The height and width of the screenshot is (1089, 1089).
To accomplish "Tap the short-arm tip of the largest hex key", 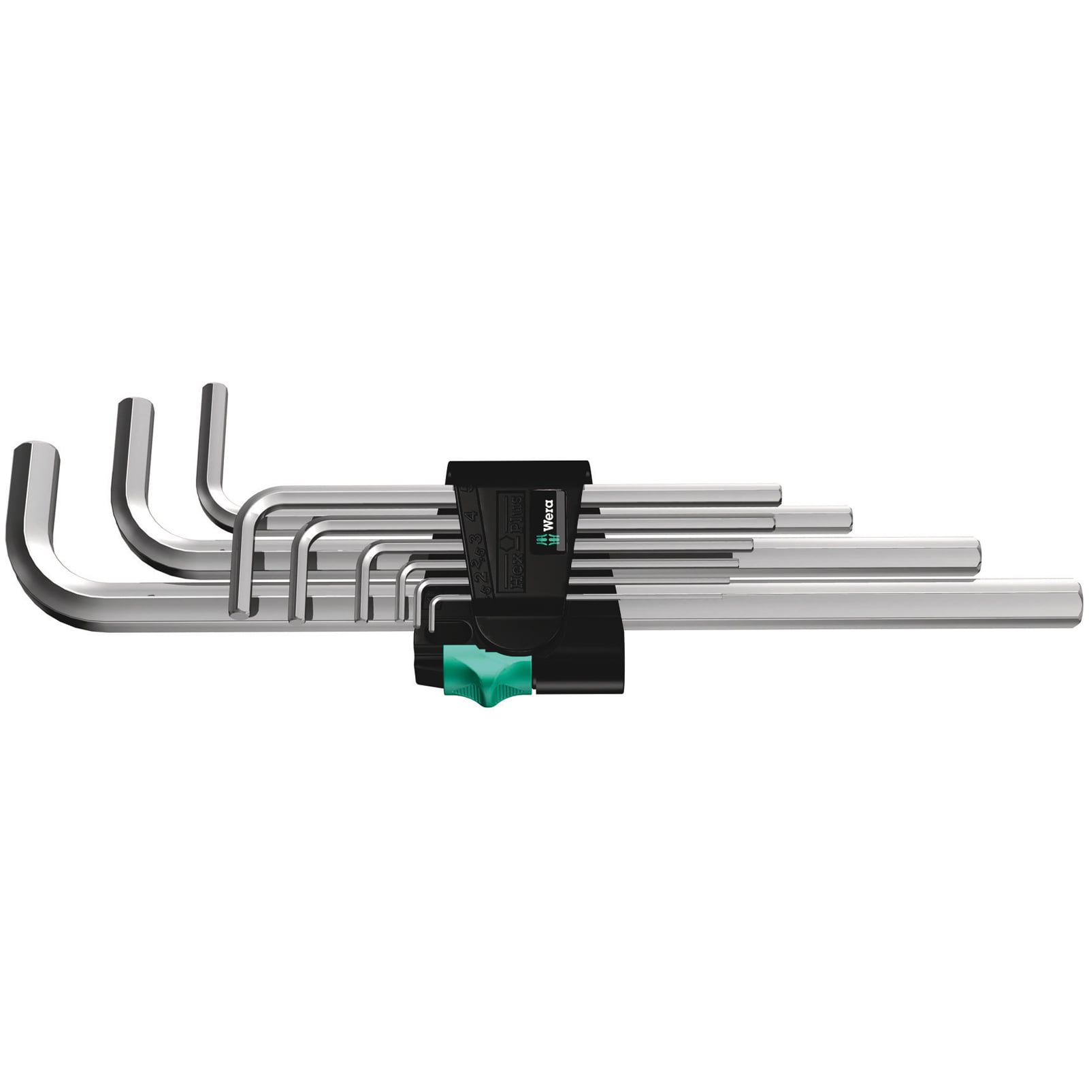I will point(34,452).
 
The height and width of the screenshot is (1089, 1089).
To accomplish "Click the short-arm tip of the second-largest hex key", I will point(134,406).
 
